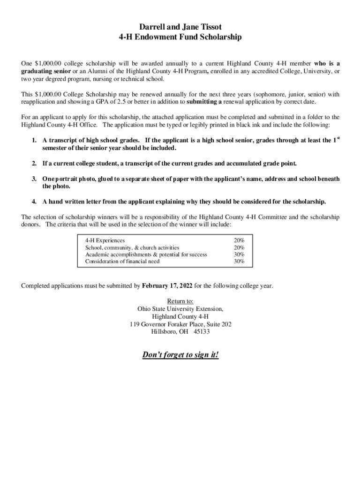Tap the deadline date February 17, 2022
[167, 285]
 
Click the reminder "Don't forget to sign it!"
[180, 355]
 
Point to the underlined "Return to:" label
[180, 301]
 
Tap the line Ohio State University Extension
[180, 309]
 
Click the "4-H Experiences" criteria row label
[105, 240]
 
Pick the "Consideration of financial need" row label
[122, 261]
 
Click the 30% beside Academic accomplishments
[239, 255]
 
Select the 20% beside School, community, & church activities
[239, 247]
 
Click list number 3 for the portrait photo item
[34, 179]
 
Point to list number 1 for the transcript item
[34, 141]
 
